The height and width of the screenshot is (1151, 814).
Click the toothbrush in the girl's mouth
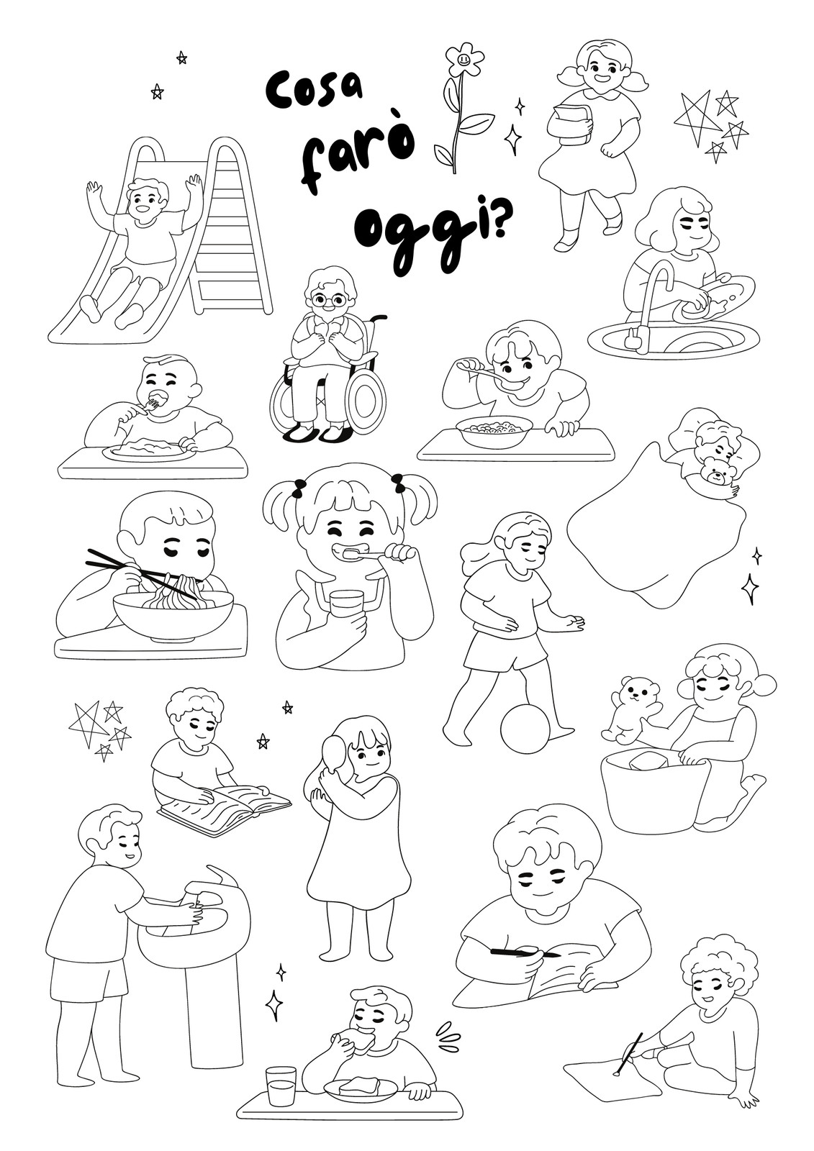pyautogui.click(x=367, y=553)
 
